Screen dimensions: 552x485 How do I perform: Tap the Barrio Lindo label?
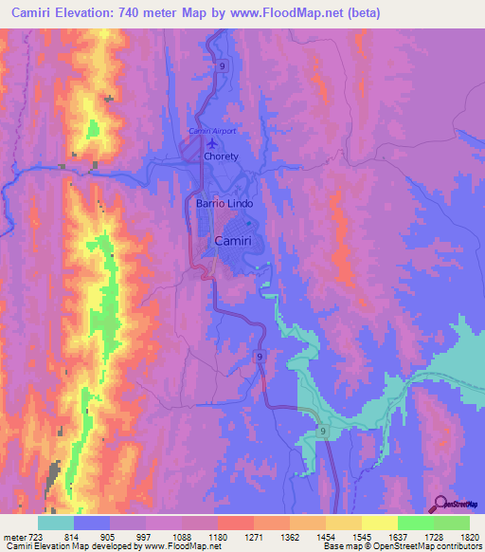pyautogui.click(x=221, y=203)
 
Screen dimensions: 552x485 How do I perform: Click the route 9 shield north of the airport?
pyautogui.click(x=221, y=66)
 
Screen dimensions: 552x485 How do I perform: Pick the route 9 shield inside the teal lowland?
pyautogui.click(x=323, y=432)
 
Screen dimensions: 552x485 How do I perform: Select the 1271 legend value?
pyautogui.click(x=253, y=537)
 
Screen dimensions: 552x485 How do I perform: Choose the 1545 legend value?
pyautogui.click(x=360, y=537)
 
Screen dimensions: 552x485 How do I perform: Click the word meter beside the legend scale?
pyautogui.click(x=15, y=537)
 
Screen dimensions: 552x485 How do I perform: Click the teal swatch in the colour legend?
pyautogui.click(x=56, y=523)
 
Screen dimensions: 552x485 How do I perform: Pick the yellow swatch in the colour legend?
pyautogui.click(x=379, y=523)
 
